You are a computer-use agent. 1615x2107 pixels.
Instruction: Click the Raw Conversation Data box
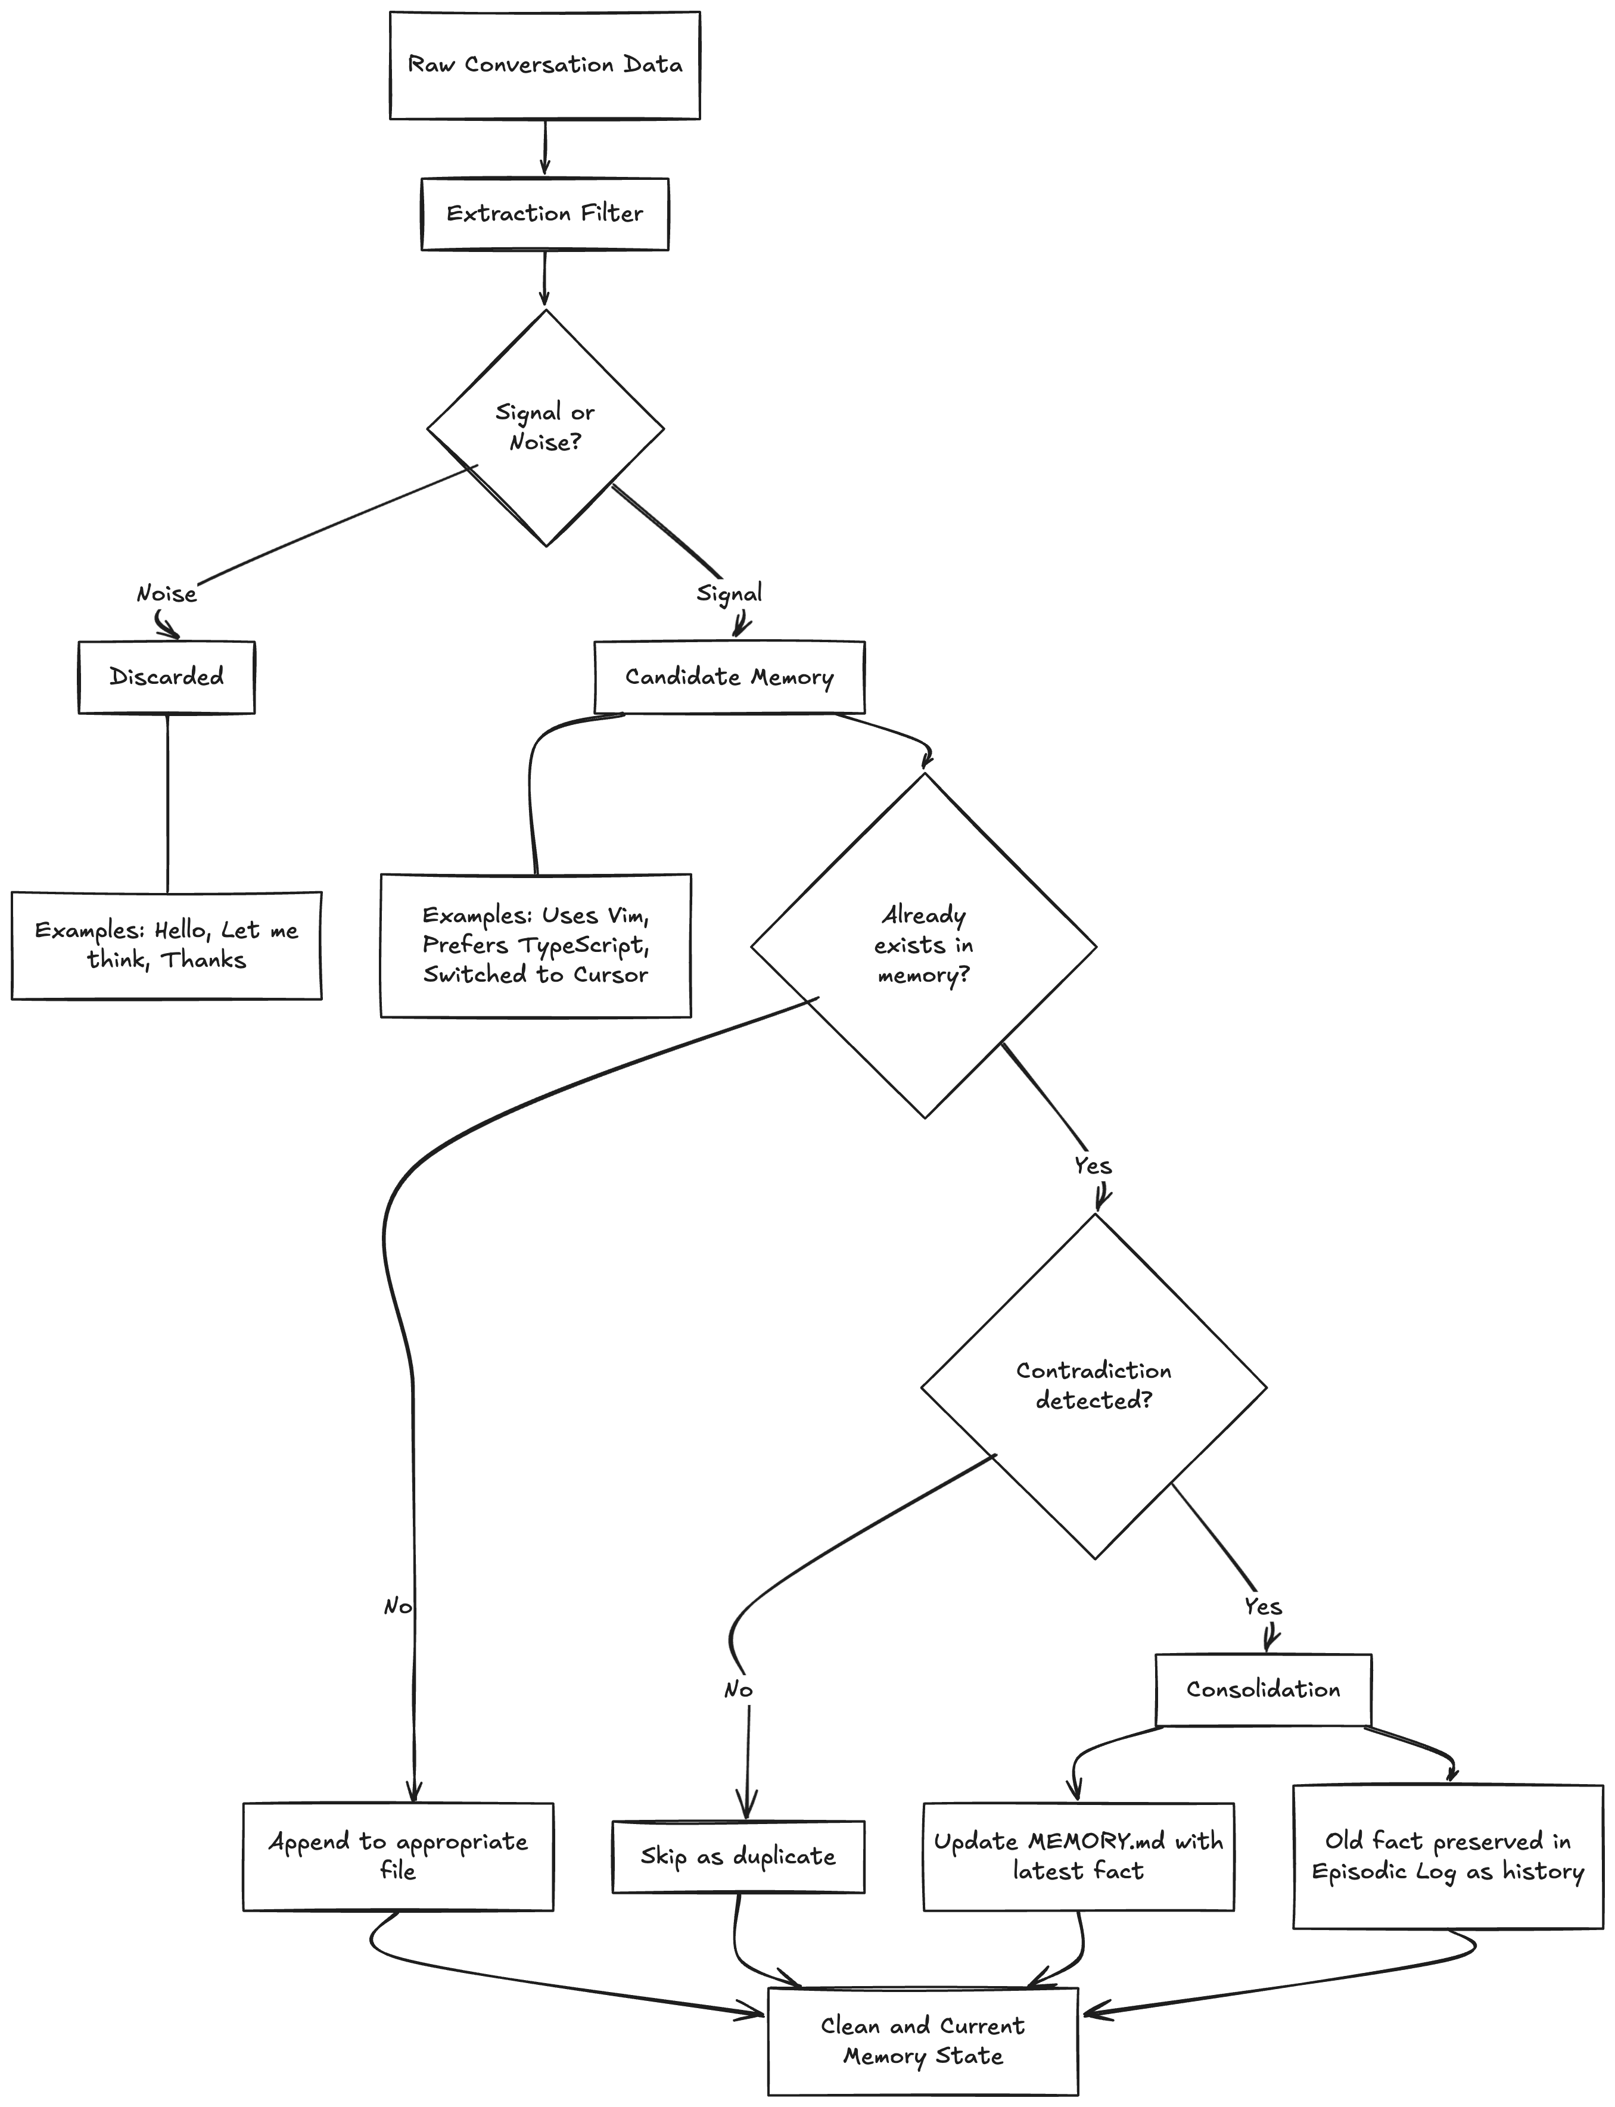[545, 66]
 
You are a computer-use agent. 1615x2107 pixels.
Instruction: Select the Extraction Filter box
[545, 213]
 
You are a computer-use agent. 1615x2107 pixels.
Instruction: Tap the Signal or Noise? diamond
[545, 428]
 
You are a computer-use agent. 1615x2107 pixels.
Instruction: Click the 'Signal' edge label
[730, 593]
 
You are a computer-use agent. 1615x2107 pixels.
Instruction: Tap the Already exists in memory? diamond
[924, 946]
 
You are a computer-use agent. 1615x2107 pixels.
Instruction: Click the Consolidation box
[1263, 1690]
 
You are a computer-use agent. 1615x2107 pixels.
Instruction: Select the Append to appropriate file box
[398, 1856]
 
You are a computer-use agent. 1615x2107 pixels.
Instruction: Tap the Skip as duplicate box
[738, 1856]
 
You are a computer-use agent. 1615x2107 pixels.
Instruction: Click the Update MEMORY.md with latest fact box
[1079, 1856]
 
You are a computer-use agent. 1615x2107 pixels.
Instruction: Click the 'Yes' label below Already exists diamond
[1093, 1166]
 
